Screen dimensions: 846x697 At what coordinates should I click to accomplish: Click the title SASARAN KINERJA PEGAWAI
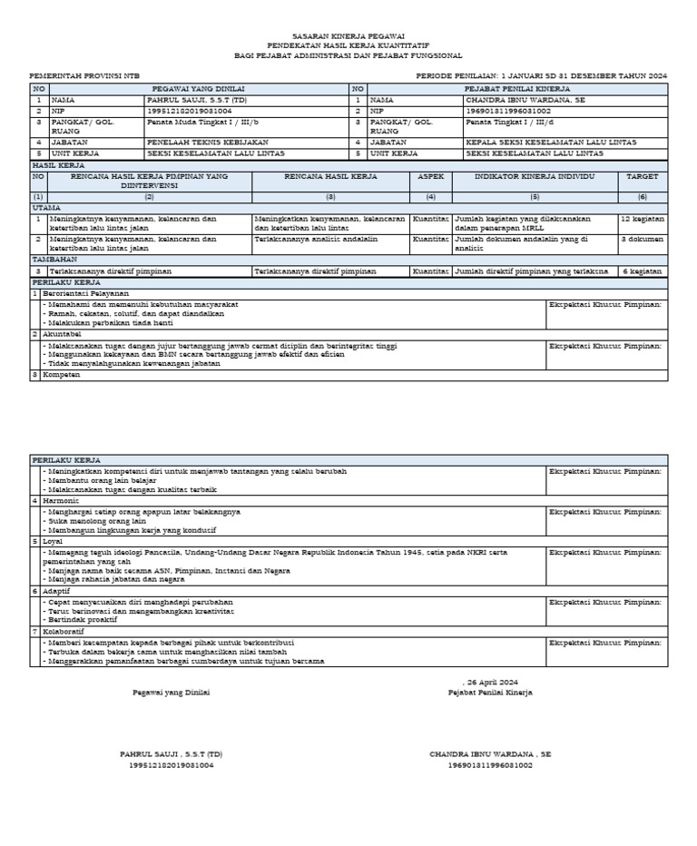[348, 34]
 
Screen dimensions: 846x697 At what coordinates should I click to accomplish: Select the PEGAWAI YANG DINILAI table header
[198, 89]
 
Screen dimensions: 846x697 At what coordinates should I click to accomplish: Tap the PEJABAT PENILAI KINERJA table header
[516, 89]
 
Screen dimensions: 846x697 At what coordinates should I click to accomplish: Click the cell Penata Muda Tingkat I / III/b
[202, 121]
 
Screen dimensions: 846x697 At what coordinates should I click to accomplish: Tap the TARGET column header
[643, 177]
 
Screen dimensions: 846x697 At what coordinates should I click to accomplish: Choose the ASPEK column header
[430, 177]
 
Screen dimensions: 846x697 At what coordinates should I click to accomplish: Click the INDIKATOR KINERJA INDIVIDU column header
[535, 177]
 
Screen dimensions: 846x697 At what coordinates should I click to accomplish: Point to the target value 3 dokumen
[642, 239]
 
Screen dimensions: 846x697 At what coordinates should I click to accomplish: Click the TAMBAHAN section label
[52, 260]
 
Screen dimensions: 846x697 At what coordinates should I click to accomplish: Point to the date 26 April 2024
[491, 681]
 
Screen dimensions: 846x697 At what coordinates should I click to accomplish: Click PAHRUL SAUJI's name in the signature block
[171, 754]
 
